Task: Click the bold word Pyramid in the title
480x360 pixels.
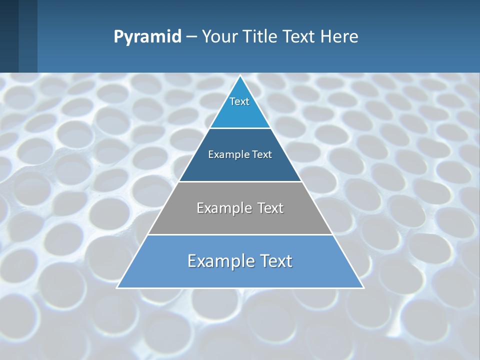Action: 147,37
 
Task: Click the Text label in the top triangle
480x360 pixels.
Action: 239,101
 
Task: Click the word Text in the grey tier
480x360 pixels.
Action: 270,208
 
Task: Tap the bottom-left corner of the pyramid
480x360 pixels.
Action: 117,287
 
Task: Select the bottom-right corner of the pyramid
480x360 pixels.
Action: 363,287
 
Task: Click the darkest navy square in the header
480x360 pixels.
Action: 9,36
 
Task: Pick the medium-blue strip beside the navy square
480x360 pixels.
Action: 28,36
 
